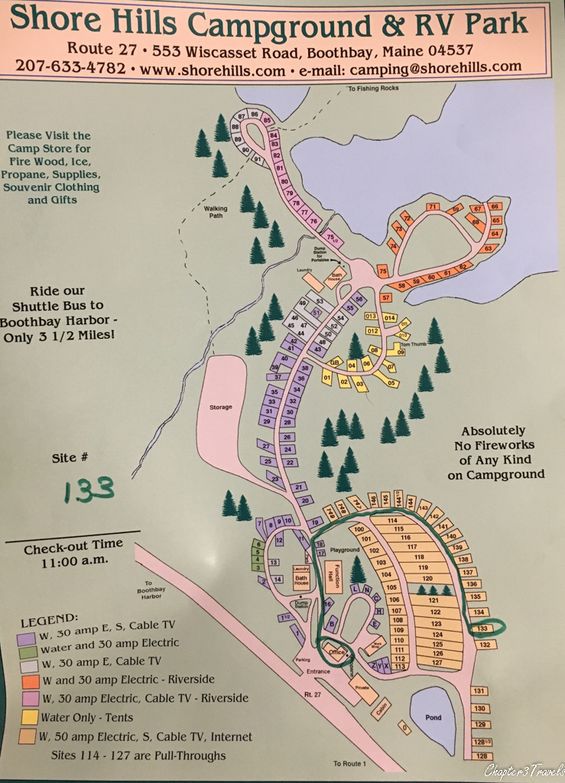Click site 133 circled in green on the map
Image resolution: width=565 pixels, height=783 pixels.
pyautogui.click(x=482, y=629)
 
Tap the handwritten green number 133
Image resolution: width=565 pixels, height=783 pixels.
pyautogui.click(x=89, y=489)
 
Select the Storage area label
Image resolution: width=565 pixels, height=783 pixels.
pyautogui.click(x=221, y=407)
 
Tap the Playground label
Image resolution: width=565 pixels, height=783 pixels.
pyautogui.click(x=344, y=550)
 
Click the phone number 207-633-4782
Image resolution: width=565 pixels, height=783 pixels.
pyautogui.click(x=70, y=67)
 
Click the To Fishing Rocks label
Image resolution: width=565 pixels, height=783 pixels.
pyautogui.click(x=373, y=88)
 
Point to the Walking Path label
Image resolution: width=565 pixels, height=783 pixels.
pyautogui.click(x=216, y=212)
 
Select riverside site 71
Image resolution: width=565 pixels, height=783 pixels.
pyautogui.click(x=432, y=206)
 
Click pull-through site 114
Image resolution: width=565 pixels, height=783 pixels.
pyautogui.click(x=395, y=520)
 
